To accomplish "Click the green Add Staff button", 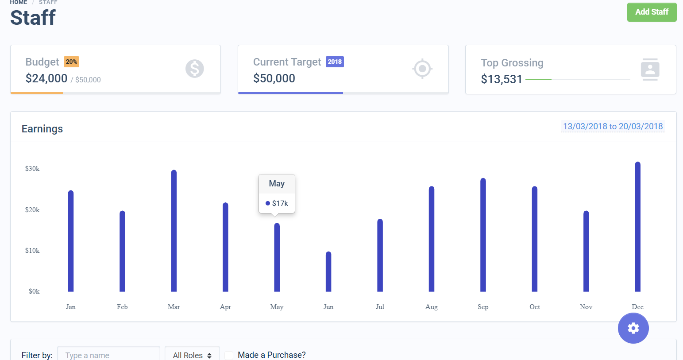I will (652, 12).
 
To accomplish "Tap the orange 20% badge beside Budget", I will (71, 62).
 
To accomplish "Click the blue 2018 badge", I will (335, 62).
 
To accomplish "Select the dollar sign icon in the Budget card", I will (195, 69).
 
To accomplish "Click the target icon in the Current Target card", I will (422, 69).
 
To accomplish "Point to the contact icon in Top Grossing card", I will (650, 69).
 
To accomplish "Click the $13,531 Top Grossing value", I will (502, 79).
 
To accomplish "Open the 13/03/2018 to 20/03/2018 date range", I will (613, 126).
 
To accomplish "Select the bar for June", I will (328, 272).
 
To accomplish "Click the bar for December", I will (637, 227).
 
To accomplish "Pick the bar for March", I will (174, 231).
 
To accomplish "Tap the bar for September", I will (483, 235).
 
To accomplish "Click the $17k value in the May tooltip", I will (280, 203).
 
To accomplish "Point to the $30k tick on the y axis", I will (32, 169).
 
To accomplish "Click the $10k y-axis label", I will (32, 251).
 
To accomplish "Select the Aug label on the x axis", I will (431, 307).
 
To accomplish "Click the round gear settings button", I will (633, 328).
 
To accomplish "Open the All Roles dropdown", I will (192, 355).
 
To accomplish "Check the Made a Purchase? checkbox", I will (229, 355).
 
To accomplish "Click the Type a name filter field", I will (108, 355).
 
